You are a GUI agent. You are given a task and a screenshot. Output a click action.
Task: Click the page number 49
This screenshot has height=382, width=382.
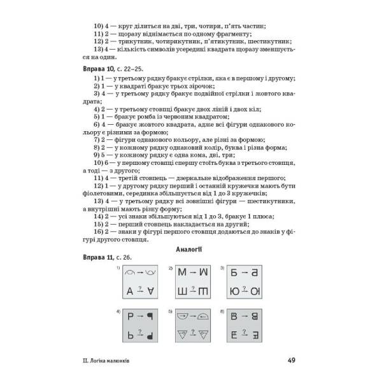(291, 360)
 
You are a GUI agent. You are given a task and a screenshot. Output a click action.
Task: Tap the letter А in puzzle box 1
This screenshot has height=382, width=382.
(130, 292)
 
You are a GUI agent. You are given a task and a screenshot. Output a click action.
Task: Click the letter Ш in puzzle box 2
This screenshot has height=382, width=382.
(181, 292)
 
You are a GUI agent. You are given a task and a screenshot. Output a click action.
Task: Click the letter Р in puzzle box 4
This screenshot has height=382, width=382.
(130, 333)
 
